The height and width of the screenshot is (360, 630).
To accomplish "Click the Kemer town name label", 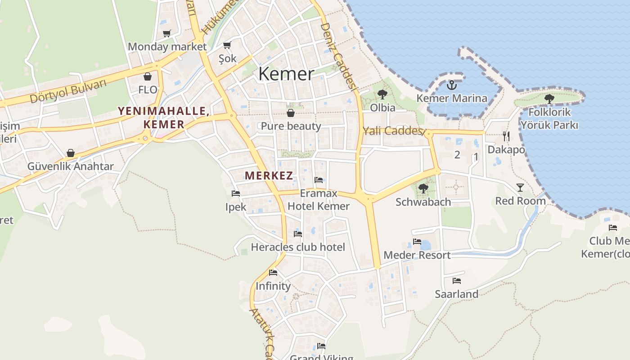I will (286, 74).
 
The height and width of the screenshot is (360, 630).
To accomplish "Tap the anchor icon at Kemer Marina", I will (451, 85).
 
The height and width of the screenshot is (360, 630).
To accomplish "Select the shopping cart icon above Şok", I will (227, 45).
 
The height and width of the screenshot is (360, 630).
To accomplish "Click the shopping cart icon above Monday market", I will (167, 33).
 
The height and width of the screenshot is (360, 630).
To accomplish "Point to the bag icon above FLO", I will (148, 76).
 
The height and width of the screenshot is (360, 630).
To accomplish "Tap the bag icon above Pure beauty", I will (291, 112).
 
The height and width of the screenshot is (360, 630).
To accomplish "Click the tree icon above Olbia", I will (382, 94).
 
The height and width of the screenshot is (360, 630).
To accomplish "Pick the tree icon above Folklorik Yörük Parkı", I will (549, 99).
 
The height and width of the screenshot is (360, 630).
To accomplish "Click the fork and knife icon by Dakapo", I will (506, 136).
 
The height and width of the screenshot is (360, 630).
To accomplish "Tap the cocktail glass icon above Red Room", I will (520, 187).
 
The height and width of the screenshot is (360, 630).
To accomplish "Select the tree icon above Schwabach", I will (423, 189).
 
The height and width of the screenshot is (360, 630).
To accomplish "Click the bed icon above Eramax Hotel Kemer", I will (319, 180).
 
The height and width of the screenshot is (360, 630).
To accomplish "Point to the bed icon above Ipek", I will (236, 193).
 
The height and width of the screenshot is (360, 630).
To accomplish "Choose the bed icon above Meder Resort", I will (417, 242).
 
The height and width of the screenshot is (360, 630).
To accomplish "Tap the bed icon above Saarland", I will (457, 281).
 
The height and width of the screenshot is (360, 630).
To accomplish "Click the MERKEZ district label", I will (269, 176).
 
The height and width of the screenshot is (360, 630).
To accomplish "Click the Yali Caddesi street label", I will (393, 131).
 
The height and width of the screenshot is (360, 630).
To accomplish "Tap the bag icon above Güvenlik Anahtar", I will (71, 153).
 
